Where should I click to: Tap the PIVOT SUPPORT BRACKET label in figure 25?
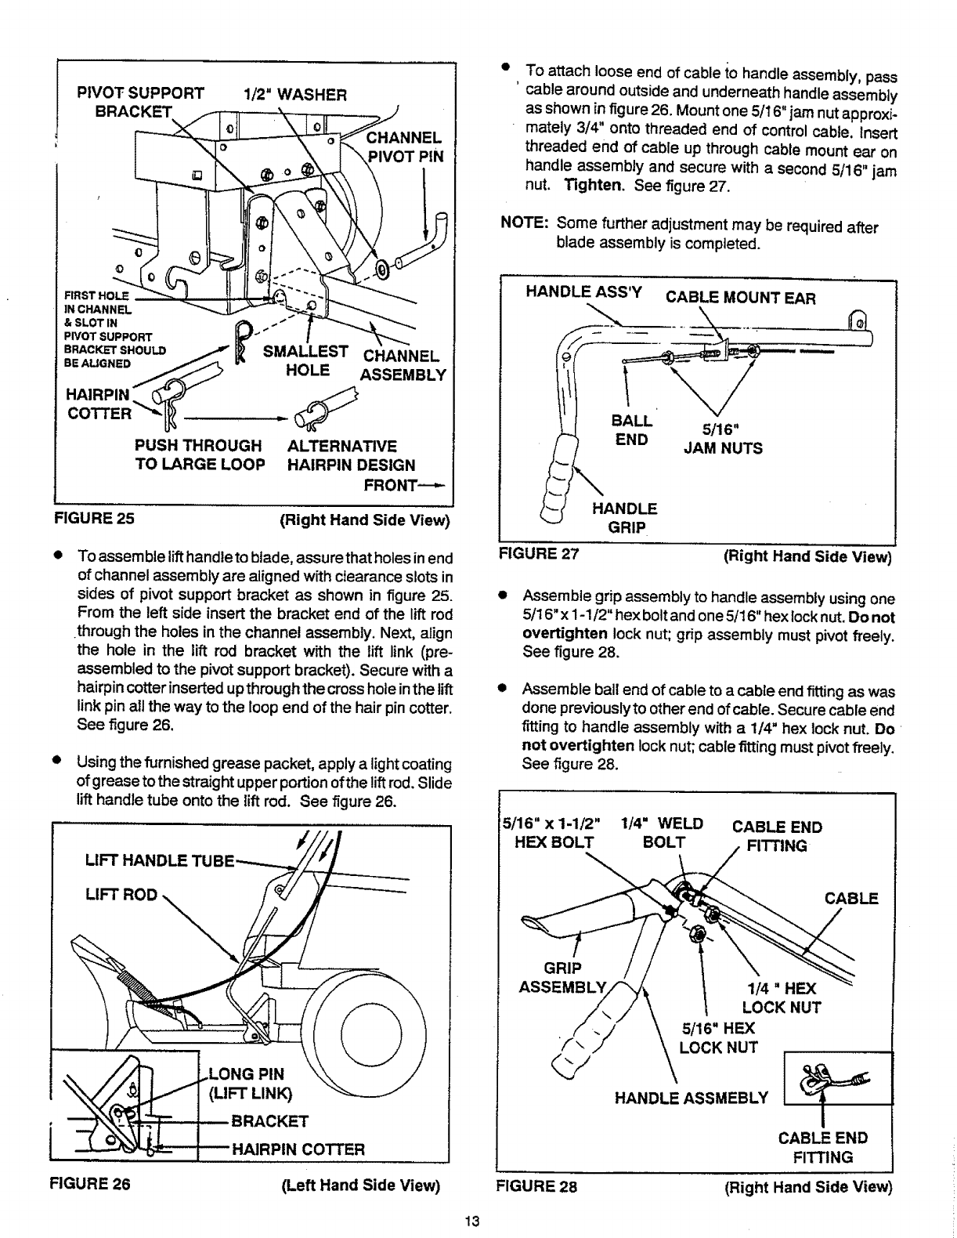(x=139, y=103)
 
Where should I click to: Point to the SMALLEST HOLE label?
(x=305, y=360)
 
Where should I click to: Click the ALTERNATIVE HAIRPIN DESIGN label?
(x=351, y=455)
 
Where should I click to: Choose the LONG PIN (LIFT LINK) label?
(x=249, y=1084)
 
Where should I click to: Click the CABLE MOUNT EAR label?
(x=740, y=298)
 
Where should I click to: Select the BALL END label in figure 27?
(x=632, y=430)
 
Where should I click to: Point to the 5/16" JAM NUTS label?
(x=723, y=439)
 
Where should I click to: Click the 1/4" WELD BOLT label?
(x=661, y=833)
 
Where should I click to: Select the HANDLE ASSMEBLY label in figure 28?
(x=692, y=1098)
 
